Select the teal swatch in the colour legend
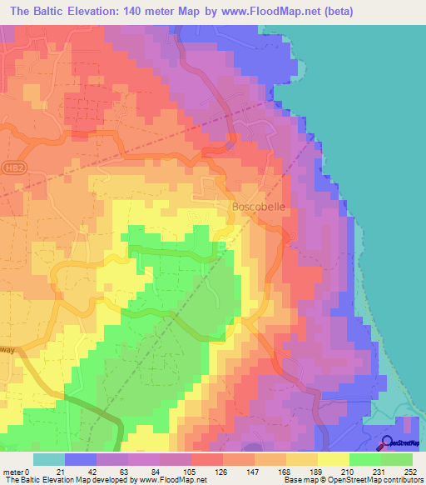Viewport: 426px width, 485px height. (x=49, y=458)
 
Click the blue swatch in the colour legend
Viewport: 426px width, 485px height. (x=81, y=458)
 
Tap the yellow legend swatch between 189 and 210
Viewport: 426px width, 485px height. (x=333, y=458)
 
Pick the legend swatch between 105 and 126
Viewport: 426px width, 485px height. (x=207, y=458)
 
